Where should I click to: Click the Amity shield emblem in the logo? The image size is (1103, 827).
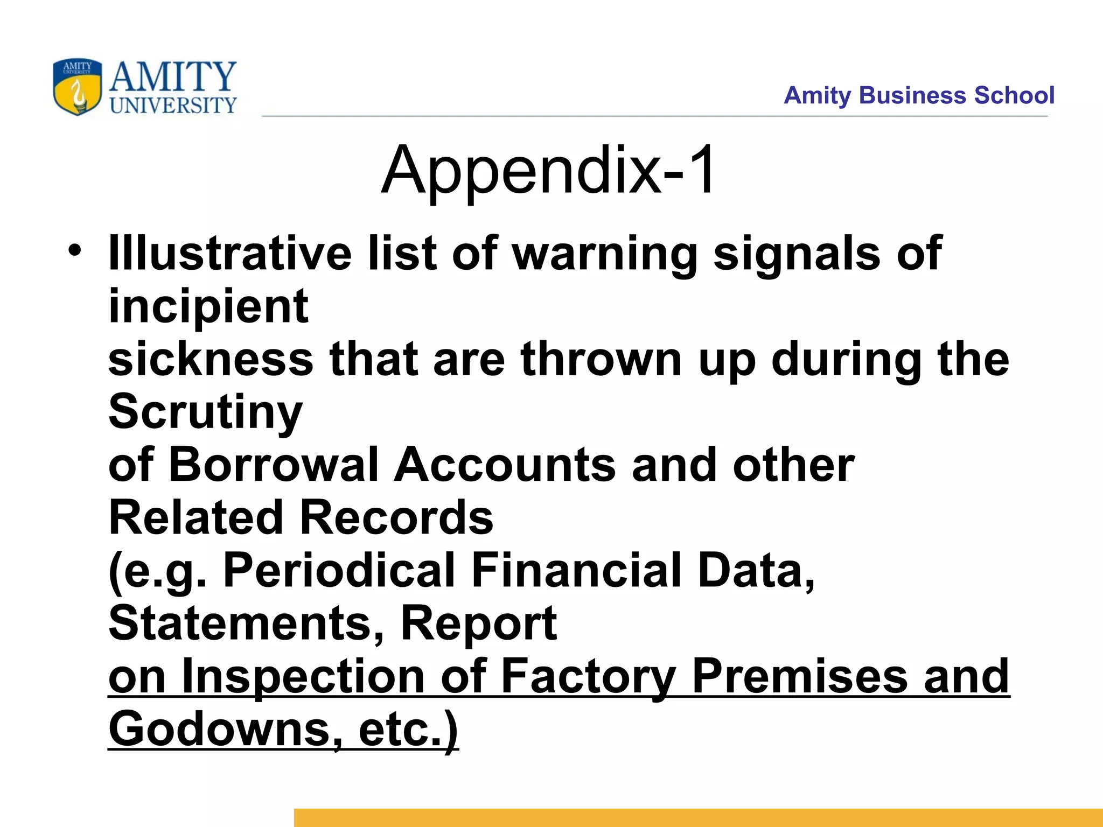(x=77, y=87)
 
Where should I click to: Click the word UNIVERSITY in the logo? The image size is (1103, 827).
(x=173, y=106)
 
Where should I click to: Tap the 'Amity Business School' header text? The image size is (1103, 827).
(x=919, y=95)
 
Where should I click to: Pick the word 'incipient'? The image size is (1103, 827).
(x=208, y=307)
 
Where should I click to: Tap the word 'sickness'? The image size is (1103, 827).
(x=211, y=359)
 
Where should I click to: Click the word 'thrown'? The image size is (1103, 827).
(x=602, y=359)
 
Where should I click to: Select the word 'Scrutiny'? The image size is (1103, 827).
(x=206, y=412)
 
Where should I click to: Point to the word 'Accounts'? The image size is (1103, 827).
(x=505, y=465)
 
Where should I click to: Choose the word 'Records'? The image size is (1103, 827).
(x=396, y=517)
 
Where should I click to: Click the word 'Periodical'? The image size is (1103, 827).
(x=339, y=570)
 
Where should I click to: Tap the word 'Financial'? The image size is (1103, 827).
(x=577, y=570)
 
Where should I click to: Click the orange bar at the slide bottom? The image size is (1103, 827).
(x=698, y=817)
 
